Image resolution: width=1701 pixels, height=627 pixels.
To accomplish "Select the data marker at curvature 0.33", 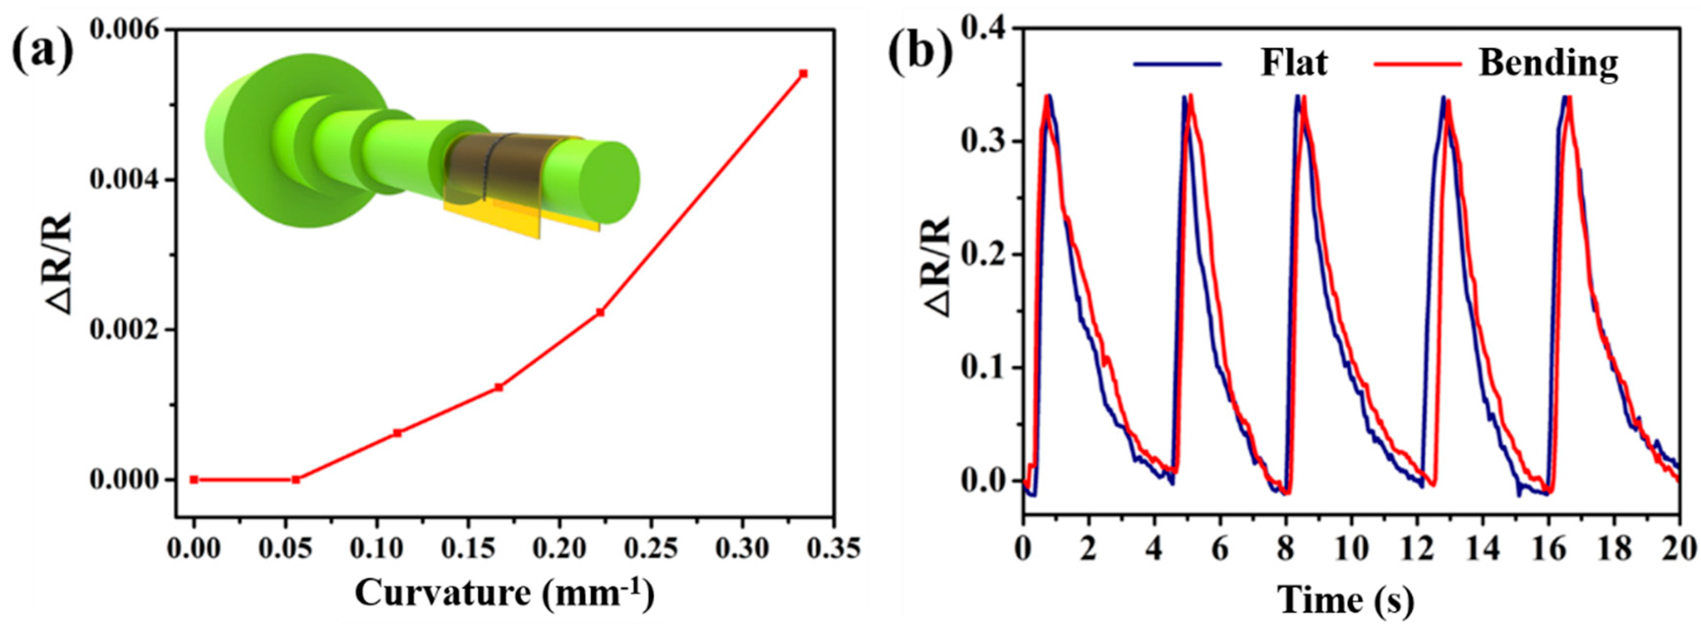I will click(x=804, y=73).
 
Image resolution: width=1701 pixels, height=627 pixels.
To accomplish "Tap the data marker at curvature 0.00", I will click(x=194, y=480).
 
